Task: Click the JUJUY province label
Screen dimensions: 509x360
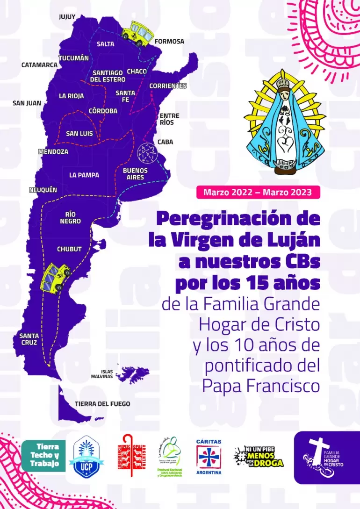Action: click(67, 17)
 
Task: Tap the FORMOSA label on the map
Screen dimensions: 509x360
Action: click(169, 41)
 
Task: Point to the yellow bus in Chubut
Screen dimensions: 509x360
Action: click(56, 277)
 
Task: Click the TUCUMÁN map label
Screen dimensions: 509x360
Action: click(73, 58)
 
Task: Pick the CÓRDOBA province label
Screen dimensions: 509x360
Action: click(103, 111)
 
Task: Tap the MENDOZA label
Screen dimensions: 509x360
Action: click(53, 151)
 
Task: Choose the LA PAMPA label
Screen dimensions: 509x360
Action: click(84, 175)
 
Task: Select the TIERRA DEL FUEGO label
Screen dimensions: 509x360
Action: click(102, 403)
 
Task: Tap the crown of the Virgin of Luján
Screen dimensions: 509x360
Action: click(282, 83)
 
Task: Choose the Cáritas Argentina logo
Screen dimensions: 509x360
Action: click(209, 456)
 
